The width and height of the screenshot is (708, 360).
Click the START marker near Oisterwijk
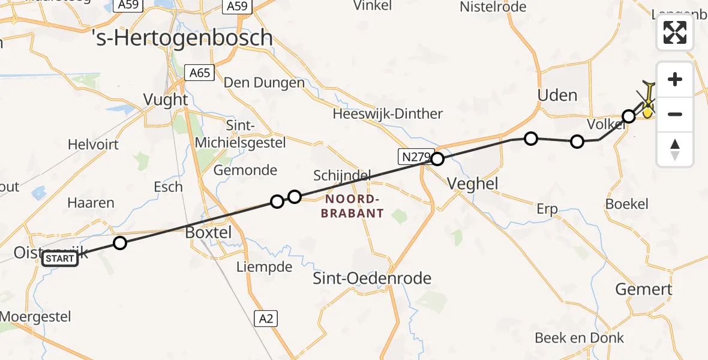(x=60, y=259)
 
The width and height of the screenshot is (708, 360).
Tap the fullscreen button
(x=675, y=32)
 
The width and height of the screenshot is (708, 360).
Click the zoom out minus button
(x=675, y=114)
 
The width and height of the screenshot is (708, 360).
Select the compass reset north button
(x=675, y=149)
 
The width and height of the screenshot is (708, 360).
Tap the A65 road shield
(x=199, y=73)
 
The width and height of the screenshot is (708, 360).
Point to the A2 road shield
(x=267, y=319)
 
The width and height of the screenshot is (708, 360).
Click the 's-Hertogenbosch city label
(x=183, y=38)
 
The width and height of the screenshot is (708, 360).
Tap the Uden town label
(x=557, y=95)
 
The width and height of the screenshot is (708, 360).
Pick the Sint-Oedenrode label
(x=372, y=278)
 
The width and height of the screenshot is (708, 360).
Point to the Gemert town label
(x=644, y=289)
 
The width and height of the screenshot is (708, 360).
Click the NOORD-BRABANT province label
(x=352, y=206)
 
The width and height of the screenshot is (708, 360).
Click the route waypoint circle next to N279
(x=437, y=159)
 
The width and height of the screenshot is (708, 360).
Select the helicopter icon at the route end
(x=648, y=99)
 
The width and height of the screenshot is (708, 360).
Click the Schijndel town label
(x=342, y=175)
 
